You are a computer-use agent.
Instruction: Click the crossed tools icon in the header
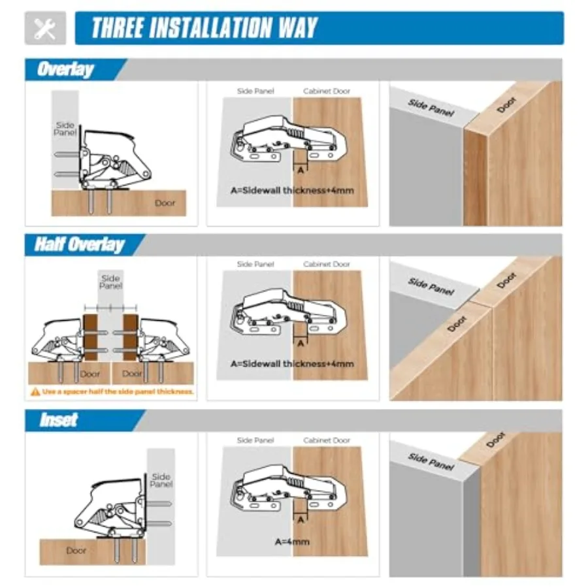[x=45, y=29]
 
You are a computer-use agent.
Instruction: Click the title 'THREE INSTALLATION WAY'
[x=204, y=27]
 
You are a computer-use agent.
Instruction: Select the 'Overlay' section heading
[x=65, y=69]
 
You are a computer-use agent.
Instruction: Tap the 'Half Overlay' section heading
[x=80, y=244]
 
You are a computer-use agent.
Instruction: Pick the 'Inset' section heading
[x=59, y=420]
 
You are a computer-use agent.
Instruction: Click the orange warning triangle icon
[x=35, y=392]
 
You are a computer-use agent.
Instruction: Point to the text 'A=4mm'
[x=292, y=542]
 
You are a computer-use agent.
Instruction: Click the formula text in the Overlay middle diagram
[x=292, y=191]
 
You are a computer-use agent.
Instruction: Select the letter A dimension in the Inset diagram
[x=301, y=520]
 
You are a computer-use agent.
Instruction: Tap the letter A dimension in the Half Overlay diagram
[x=301, y=343]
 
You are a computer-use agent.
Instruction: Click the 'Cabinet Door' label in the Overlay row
[x=327, y=91]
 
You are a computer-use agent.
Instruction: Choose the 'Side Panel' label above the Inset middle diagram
[x=255, y=440]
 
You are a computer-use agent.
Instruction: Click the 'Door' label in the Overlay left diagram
[x=165, y=203]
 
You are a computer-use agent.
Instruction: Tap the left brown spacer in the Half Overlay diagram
[x=90, y=337]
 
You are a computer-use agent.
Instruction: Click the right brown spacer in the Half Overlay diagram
[x=131, y=337]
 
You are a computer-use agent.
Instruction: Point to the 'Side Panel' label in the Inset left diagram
[x=161, y=480]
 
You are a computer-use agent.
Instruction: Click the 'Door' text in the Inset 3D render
[x=496, y=440]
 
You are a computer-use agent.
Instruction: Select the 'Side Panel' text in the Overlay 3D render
[x=431, y=108]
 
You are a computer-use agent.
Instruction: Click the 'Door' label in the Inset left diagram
[x=76, y=551]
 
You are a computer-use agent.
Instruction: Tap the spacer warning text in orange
[x=118, y=392]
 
